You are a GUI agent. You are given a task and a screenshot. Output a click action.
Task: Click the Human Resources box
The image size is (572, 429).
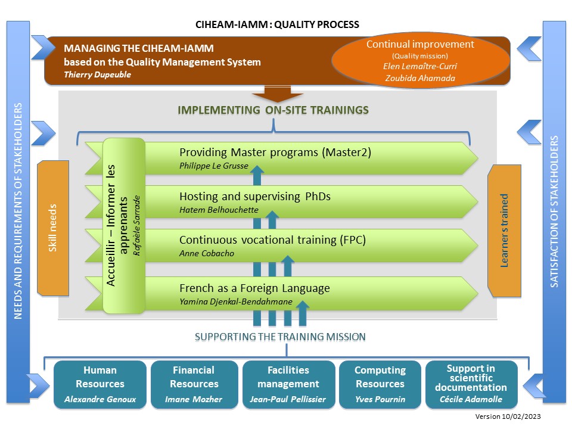[x=100, y=384]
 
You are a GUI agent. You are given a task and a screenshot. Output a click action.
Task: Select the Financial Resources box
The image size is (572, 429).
[x=194, y=384]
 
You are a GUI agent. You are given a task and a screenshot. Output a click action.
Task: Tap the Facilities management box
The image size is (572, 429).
[x=288, y=384]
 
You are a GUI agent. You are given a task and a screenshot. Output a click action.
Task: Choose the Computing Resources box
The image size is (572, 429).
[x=380, y=384]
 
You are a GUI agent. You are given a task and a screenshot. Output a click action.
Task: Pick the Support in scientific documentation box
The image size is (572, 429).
[x=471, y=384]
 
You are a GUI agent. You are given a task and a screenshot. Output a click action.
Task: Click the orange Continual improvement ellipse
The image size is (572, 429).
[x=420, y=61]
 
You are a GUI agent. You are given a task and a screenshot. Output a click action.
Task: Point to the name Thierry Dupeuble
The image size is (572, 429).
[x=97, y=75]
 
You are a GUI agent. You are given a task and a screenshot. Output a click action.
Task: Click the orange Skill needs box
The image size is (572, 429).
[x=53, y=228]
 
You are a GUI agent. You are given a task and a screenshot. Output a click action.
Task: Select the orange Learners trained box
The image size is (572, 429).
[x=504, y=231]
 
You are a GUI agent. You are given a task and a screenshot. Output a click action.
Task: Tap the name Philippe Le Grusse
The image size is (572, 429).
[x=214, y=166]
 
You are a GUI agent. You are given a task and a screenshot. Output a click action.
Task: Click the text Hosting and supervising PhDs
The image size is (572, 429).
[x=255, y=196]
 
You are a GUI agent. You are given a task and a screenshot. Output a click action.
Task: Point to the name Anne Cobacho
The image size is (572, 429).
[x=207, y=254]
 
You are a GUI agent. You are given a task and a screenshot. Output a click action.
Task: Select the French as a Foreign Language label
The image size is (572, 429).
[x=254, y=288]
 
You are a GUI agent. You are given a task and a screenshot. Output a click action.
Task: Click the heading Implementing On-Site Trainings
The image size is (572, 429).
[x=273, y=110]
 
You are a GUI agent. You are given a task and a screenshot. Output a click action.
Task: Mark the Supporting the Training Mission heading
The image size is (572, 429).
[x=280, y=337]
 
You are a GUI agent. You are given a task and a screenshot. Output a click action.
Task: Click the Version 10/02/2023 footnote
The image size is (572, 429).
[x=508, y=416]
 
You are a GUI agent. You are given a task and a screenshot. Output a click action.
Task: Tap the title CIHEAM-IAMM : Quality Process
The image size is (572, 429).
[x=277, y=24]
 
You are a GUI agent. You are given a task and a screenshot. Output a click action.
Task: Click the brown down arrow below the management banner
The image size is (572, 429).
[x=278, y=94]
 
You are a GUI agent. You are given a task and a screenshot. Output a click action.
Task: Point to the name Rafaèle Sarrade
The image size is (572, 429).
[x=136, y=226]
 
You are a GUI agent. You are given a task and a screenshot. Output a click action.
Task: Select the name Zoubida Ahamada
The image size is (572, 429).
[x=420, y=78]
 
